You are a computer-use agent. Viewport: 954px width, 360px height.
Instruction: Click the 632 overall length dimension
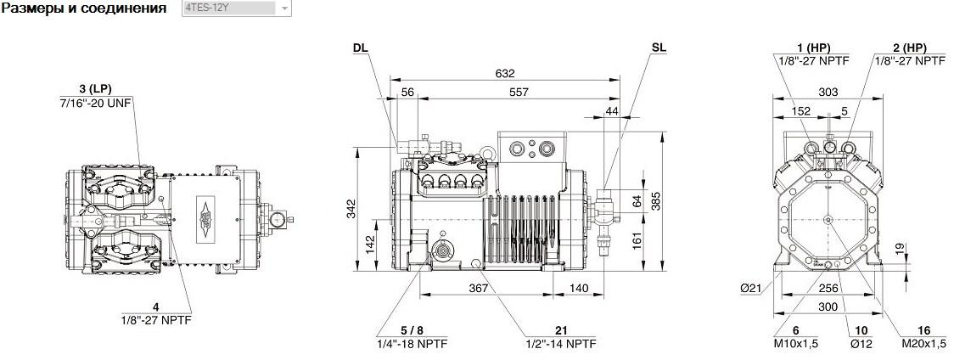pos(505,73)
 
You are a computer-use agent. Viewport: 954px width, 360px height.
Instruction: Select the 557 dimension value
pos(519,92)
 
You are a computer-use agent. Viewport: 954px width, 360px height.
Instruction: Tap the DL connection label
pos(361,48)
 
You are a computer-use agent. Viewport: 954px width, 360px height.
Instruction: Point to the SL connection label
pos(659,48)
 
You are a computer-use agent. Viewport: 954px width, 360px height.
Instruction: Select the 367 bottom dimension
pos(479,288)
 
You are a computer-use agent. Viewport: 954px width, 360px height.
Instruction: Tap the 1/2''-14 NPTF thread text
pos(561,344)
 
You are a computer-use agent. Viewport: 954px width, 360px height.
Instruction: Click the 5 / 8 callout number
pos(412,331)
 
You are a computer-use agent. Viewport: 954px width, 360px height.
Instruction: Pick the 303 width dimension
pos(828,92)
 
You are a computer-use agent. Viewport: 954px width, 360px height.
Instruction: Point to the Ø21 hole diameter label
pos(751,290)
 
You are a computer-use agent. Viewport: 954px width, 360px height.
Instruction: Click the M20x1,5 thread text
pos(923,344)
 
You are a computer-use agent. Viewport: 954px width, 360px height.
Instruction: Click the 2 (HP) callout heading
pos(910,48)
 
